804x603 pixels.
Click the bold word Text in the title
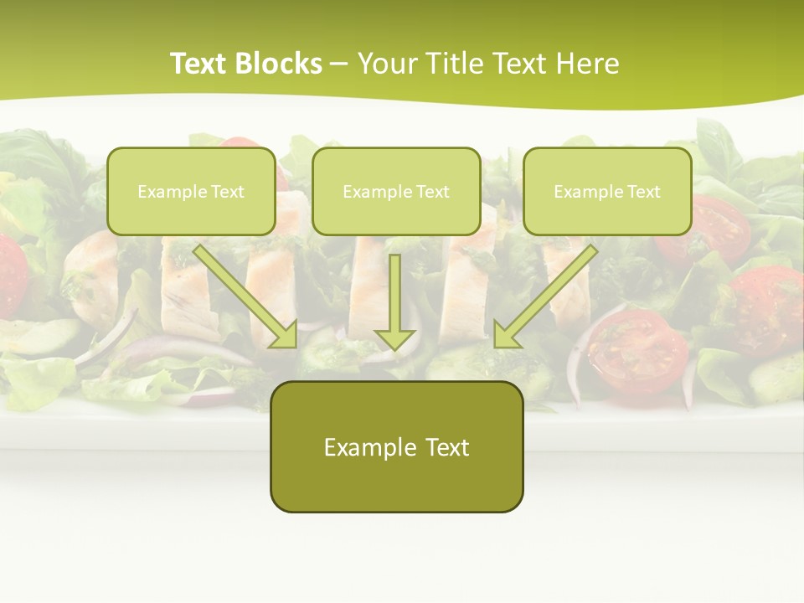coord(199,64)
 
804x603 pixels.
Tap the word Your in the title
coord(389,64)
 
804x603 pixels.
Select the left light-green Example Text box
coord(191,192)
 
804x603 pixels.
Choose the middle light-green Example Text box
coord(396,192)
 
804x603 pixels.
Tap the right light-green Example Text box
coord(607,192)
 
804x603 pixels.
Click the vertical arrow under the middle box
coord(395,293)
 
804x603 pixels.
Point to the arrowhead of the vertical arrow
coord(395,338)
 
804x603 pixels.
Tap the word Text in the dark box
coord(448,447)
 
